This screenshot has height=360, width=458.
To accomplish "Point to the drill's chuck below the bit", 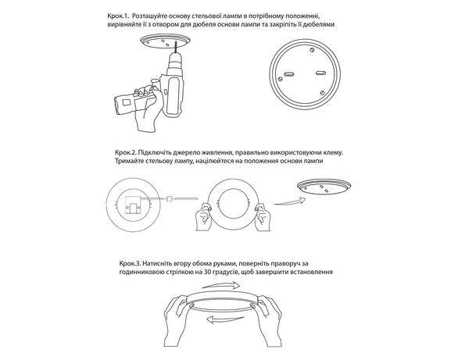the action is coord(175,61).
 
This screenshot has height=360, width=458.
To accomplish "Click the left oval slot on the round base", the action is coord(290,74).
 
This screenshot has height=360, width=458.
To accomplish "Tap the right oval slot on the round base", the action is coord(320,73).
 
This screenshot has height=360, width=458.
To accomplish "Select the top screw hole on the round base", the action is coord(313,50).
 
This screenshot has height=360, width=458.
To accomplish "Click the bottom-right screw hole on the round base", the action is coord(322,93).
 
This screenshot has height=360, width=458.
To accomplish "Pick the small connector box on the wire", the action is coord(170,198).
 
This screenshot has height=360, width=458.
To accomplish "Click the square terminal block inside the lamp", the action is coord(134,206).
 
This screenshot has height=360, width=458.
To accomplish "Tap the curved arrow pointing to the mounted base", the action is coord(290,201).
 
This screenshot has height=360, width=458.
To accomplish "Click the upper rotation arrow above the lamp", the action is coord(221,285).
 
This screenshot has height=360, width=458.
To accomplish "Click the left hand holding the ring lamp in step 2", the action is coord(203,217).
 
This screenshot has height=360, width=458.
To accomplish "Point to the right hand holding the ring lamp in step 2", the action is coord(263,217).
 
